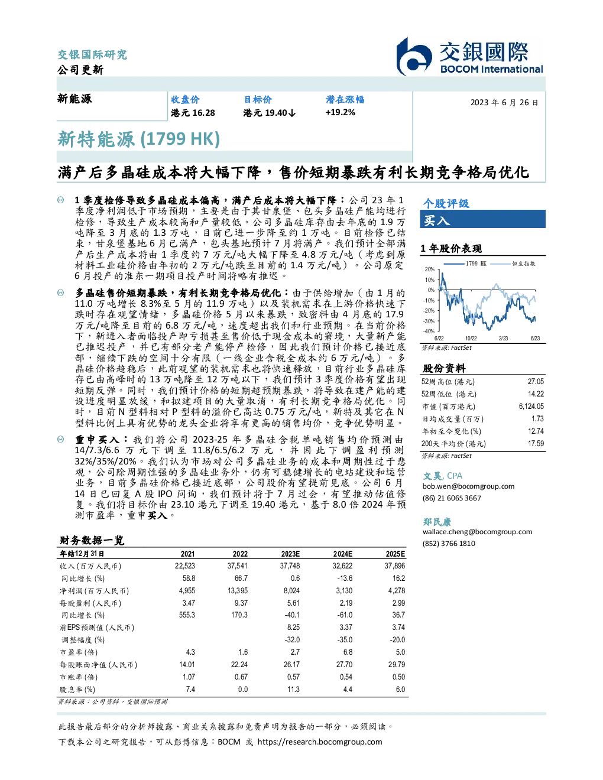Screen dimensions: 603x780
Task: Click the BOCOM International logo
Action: (469, 56)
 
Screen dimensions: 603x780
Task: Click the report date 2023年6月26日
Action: (504, 103)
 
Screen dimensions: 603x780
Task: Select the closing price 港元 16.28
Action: (193, 113)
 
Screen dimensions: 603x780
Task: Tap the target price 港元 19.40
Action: (269, 113)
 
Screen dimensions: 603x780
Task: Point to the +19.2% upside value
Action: (340, 112)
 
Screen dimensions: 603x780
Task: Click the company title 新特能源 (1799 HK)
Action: (138, 139)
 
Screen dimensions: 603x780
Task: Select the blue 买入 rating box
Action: (482, 220)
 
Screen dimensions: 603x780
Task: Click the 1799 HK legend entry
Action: (465, 264)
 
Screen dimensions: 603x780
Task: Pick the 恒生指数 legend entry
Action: (513, 264)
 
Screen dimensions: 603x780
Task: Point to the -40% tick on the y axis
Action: (430, 331)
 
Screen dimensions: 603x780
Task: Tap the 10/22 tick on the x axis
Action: (471, 339)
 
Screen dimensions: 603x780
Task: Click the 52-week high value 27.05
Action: (536, 381)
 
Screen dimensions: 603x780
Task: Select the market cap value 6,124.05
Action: (531, 407)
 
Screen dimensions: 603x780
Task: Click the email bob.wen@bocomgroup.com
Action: (468, 486)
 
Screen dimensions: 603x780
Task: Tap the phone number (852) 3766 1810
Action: (449, 544)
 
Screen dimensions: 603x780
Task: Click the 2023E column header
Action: (290, 554)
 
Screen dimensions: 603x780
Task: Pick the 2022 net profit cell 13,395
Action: (238, 590)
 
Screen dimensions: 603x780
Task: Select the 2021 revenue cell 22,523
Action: (185, 566)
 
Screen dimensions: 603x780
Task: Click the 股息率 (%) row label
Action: (77, 690)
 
